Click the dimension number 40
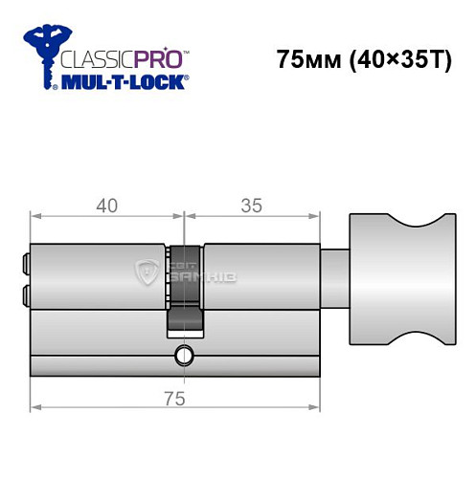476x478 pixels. tap(105, 205)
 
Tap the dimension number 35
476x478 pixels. tap(250, 205)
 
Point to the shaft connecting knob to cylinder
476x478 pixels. tap(334, 276)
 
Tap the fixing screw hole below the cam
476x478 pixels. tap(182, 358)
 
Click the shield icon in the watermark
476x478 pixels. tap(148, 272)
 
